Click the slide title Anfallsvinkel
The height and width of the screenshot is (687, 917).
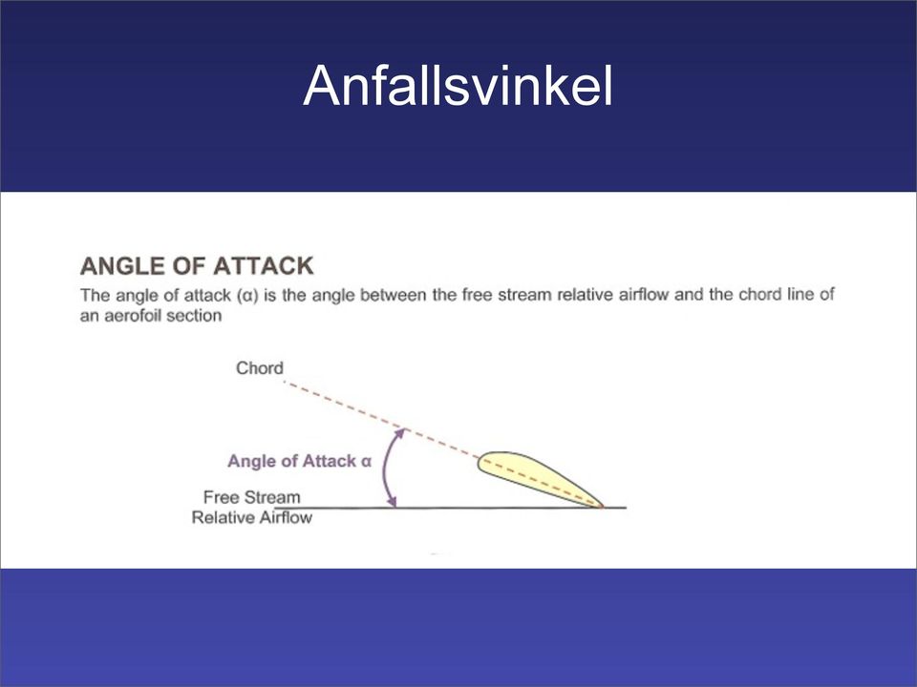[458, 85]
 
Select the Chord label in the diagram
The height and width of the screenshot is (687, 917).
[260, 368]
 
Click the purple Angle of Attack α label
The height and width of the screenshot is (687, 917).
[299, 461]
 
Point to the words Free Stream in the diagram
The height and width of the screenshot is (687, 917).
[251, 497]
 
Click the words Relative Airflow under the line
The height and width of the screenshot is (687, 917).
[252, 517]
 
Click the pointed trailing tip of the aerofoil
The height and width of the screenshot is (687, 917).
[602, 506]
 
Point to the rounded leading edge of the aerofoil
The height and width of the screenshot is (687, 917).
[480, 463]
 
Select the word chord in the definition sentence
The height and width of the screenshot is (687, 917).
[759, 295]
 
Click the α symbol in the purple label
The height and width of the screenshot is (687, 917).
[366, 462]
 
